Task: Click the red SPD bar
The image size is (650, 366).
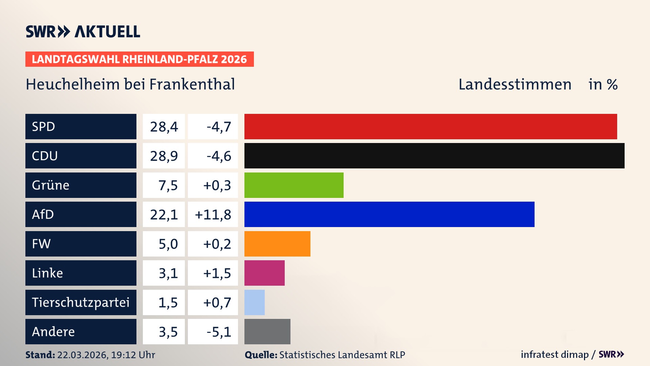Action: pos(430,126)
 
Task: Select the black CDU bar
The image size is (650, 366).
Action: pos(434,156)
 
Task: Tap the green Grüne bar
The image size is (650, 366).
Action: pos(294,185)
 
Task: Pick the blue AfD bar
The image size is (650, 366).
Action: pos(389,214)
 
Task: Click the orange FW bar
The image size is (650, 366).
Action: pos(277,244)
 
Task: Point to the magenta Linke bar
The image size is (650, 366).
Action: pos(264,273)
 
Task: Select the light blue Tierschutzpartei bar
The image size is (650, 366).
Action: pos(254,302)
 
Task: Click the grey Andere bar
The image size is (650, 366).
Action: pos(267,331)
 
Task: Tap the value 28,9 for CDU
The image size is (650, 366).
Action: pos(164,156)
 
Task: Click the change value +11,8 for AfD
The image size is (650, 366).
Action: pos(213,215)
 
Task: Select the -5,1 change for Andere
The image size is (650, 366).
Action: pos(219,332)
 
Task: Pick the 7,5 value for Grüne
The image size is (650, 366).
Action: pos(168,185)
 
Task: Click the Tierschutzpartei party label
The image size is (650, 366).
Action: pos(81,302)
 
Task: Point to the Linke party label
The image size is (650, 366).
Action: pos(47,273)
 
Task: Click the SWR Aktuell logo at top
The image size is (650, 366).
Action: pos(83,32)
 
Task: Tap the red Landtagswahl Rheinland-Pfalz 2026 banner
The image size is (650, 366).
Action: pos(139,59)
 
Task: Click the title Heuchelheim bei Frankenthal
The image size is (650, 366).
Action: pos(130,84)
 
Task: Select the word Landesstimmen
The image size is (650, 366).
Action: pos(515,84)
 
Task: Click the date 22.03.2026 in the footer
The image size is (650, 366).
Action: pos(82,355)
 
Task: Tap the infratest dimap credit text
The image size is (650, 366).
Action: pos(554,354)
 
